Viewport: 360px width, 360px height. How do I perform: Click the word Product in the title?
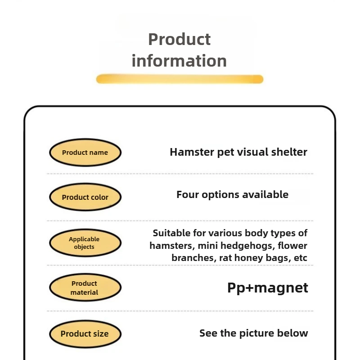[179, 40]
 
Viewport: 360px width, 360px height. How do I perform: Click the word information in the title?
[179, 61]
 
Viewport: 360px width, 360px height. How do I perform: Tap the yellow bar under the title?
[180, 79]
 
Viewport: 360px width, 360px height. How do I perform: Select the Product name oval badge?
[85, 153]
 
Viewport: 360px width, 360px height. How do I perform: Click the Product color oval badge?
[85, 197]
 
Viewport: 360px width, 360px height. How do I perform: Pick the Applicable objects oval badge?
[85, 243]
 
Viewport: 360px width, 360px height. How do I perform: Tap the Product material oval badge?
[85, 288]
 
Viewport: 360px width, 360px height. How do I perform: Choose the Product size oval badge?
[85, 334]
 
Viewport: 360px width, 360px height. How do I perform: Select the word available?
[265, 195]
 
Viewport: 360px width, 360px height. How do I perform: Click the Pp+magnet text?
[267, 288]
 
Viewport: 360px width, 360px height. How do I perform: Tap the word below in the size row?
[295, 333]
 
